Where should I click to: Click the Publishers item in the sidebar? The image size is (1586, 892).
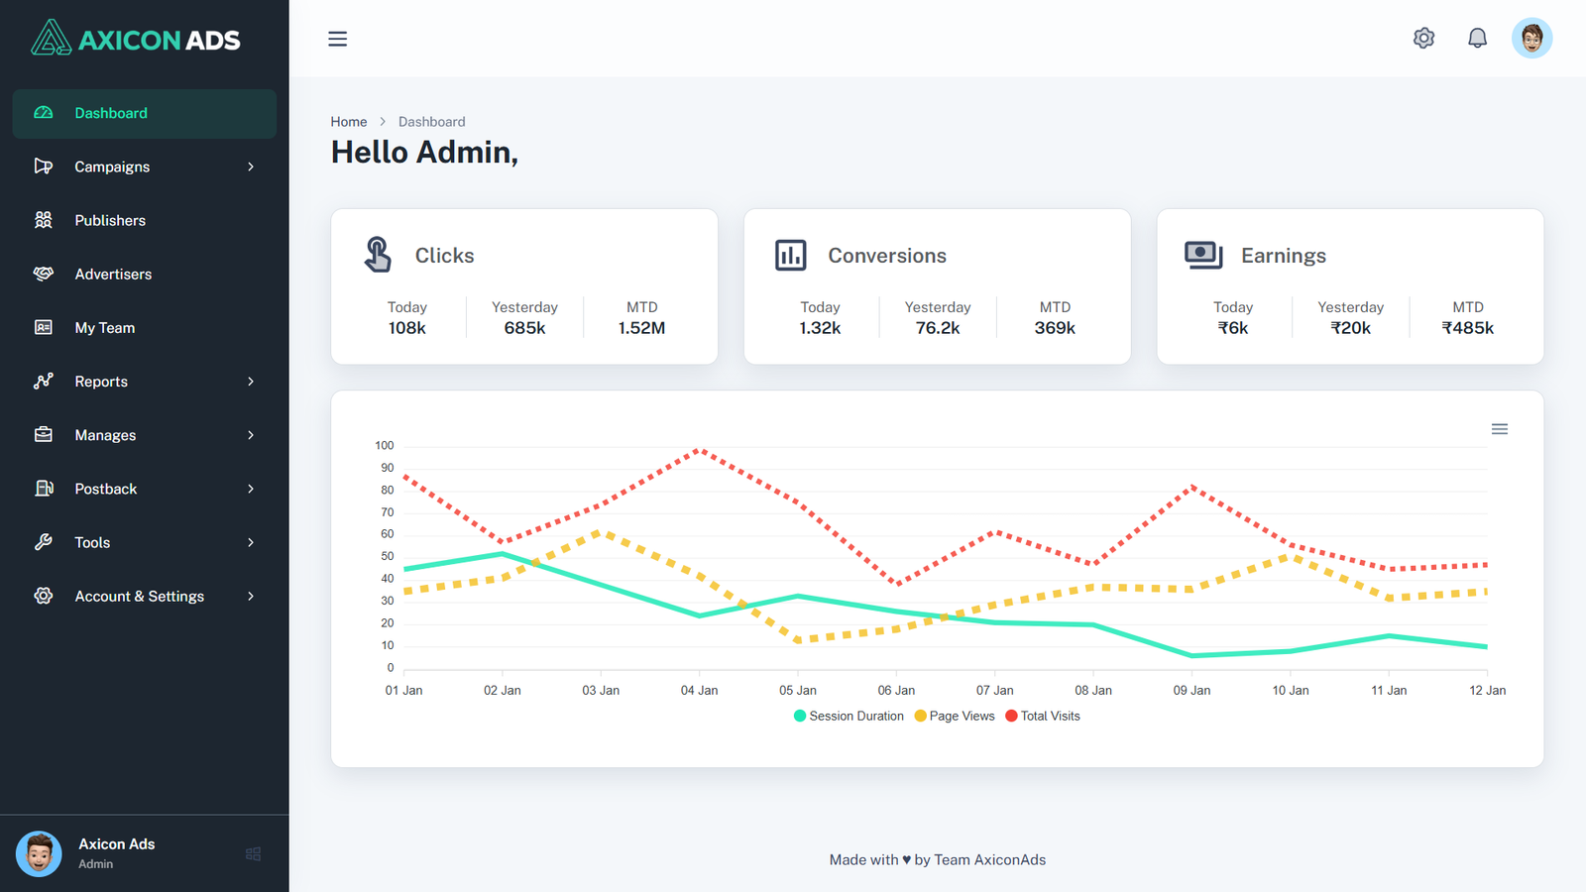(109, 220)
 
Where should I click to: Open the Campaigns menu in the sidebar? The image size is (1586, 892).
(112, 167)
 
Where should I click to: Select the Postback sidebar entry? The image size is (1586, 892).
(105, 489)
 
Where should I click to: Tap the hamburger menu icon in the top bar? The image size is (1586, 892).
(338, 39)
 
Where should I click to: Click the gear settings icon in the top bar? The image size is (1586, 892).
(1423, 39)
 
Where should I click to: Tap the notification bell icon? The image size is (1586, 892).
(1477, 39)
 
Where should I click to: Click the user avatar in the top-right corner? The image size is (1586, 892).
(1531, 39)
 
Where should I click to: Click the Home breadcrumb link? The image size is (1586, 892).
(349, 122)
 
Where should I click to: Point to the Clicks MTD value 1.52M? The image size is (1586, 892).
(641, 328)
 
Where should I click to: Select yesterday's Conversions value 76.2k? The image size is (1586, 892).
(937, 328)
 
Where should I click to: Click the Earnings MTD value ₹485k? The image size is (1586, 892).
(1467, 328)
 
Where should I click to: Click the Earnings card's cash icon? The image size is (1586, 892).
(1203, 255)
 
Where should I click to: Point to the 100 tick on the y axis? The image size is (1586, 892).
(385, 446)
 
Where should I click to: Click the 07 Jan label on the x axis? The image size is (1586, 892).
(994, 690)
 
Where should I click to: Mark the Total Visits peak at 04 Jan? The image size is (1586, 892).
(700, 450)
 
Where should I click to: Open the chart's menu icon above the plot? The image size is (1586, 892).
(1500, 429)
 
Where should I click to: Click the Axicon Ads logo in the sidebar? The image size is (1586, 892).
(136, 40)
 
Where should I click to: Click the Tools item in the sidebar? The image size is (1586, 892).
(92, 542)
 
